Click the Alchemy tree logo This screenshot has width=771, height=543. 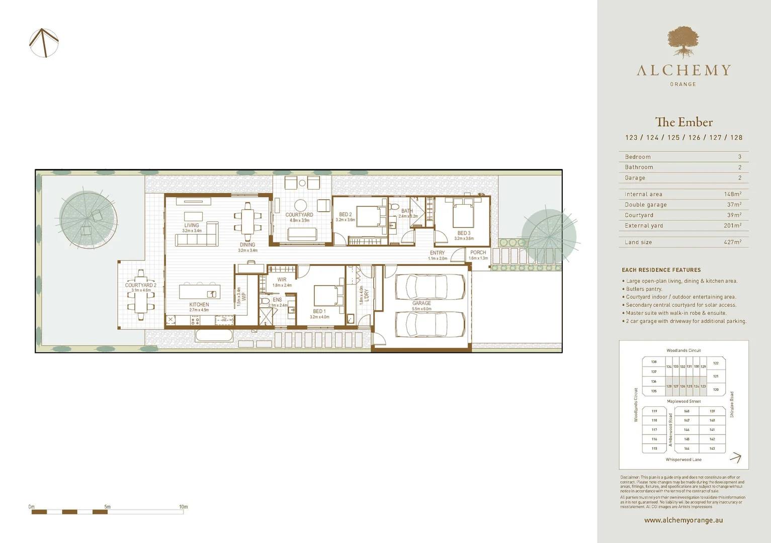click(x=683, y=42)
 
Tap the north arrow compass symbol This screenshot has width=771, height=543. click(x=44, y=43)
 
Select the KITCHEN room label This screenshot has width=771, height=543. click(x=199, y=305)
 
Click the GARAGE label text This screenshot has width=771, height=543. click(x=421, y=303)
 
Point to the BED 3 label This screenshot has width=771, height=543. click(x=464, y=233)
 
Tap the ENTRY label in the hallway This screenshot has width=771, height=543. click(x=437, y=253)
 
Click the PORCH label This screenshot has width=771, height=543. click(x=478, y=252)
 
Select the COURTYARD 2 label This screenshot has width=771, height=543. click(x=140, y=285)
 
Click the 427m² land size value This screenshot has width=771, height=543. click(x=732, y=242)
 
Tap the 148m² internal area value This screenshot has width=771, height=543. click(x=732, y=194)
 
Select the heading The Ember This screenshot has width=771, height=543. click(x=683, y=122)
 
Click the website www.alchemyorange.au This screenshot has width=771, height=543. click(x=683, y=520)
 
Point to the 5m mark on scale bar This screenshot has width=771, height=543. click(x=107, y=507)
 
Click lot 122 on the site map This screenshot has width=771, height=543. click(x=716, y=363)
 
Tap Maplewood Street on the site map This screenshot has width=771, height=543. click(x=683, y=401)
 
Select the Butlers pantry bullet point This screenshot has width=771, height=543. click(x=644, y=289)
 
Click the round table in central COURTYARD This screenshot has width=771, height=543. click(x=300, y=205)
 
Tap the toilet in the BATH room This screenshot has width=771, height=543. click(x=394, y=207)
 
